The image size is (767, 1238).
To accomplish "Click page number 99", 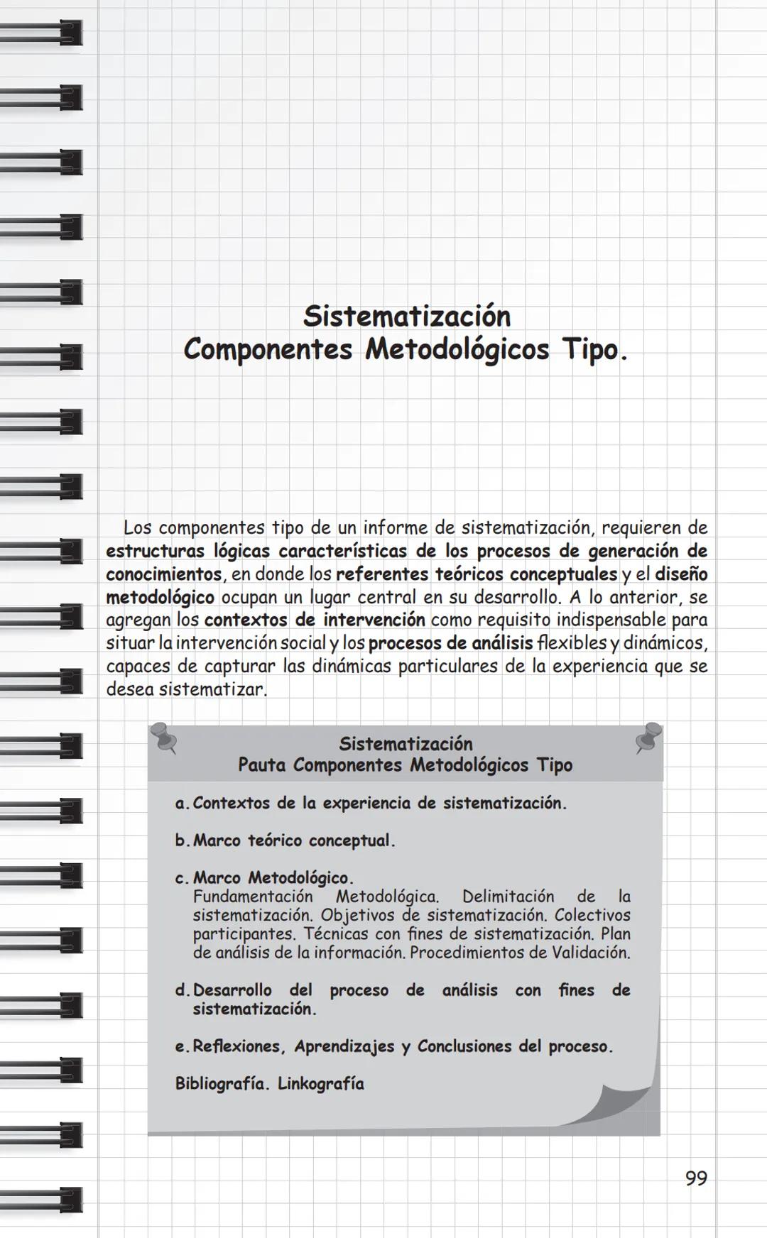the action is [x=696, y=1178].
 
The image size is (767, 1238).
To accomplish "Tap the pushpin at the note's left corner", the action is [x=165, y=738].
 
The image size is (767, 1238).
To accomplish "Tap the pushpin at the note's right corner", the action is [x=649, y=737].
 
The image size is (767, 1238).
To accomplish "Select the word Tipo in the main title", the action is [x=591, y=350].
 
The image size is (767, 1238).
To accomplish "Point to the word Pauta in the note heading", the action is [x=262, y=765].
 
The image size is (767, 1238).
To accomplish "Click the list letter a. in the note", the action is [x=182, y=804].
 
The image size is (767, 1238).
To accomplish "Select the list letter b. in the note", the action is [x=183, y=841].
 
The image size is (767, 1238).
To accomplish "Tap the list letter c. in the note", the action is [x=182, y=879].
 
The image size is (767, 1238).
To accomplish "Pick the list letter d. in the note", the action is [x=183, y=990].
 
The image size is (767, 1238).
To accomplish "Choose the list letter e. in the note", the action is [x=182, y=1047].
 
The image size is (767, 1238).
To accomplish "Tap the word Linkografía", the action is [x=320, y=1084].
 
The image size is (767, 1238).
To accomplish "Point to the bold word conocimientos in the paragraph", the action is [x=164, y=574].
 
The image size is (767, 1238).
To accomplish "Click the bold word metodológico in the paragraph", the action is [x=160, y=597].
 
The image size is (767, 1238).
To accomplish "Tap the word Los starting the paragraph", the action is [x=137, y=528].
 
